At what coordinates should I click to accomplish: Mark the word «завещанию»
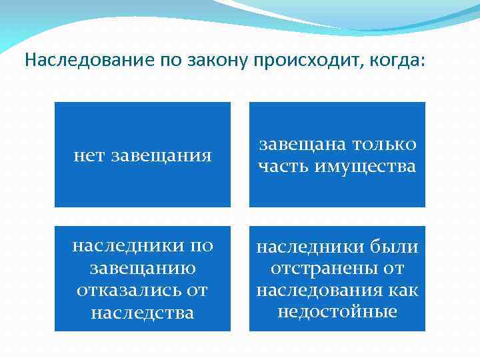(x=143, y=268)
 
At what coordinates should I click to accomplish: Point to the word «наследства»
(x=143, y=312)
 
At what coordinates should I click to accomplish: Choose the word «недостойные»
(x=337, y=311)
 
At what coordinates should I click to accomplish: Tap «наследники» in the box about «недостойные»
(x=309, y=247)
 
